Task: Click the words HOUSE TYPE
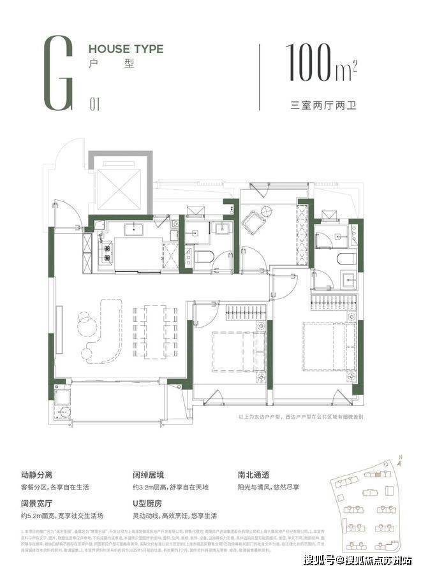point(126,48)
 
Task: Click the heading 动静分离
point(39,475)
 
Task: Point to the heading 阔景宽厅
point(39,503)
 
